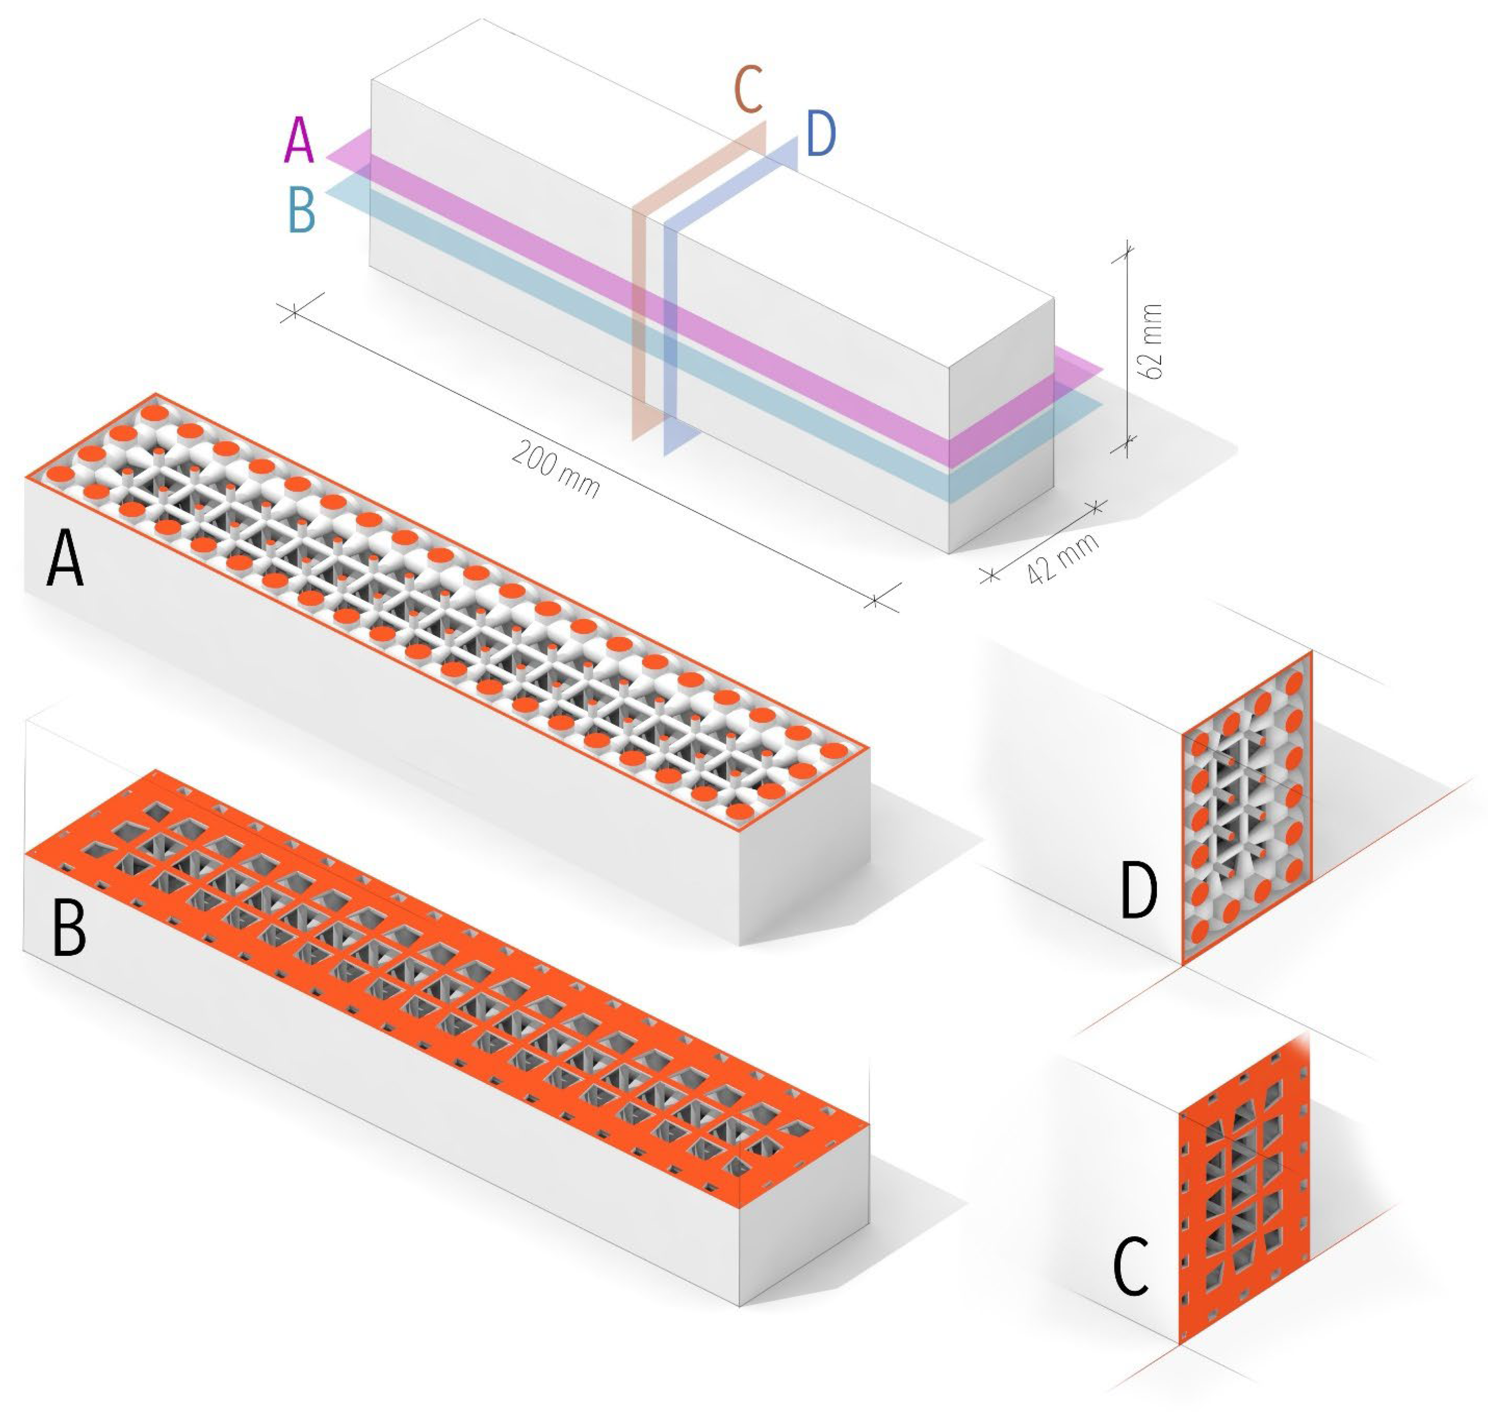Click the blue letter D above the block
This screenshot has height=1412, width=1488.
pyautogui.click(x=820, y=134)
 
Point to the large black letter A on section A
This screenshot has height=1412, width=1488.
pyautogui.click(x=65, y=557)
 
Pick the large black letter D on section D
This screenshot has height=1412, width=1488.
pyautogui.click(x=1138, y=890)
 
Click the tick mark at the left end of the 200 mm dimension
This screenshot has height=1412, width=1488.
pyautogui.click(x=294, y=311)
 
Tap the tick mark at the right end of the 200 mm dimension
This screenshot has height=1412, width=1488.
pyautogui.click(x=874, y=601)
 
